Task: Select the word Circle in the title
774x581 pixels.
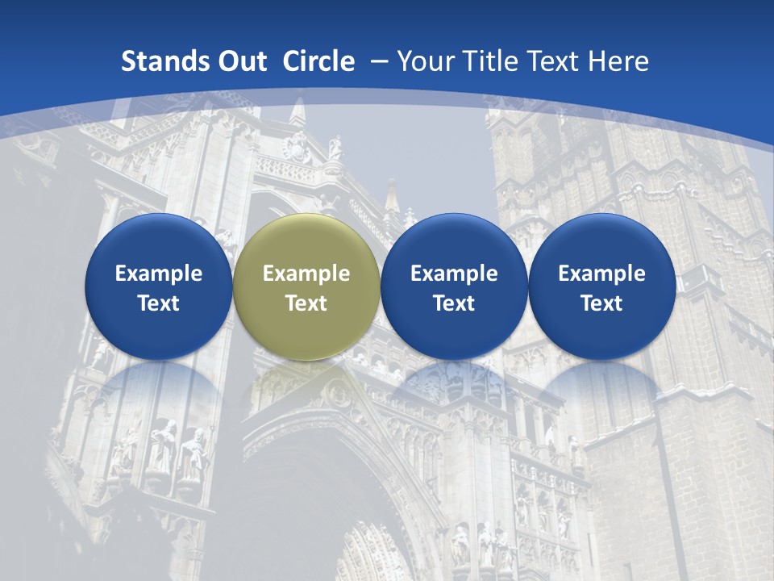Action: point(318,61)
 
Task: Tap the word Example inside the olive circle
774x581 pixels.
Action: point(306,274)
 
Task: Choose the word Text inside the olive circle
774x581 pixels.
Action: point(306,303)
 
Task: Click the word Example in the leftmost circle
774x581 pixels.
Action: point(159,274)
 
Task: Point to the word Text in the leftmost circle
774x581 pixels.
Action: point(159,303)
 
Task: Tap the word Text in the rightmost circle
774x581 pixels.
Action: point(601,303)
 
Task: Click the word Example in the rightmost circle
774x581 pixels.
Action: point(601,274)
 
